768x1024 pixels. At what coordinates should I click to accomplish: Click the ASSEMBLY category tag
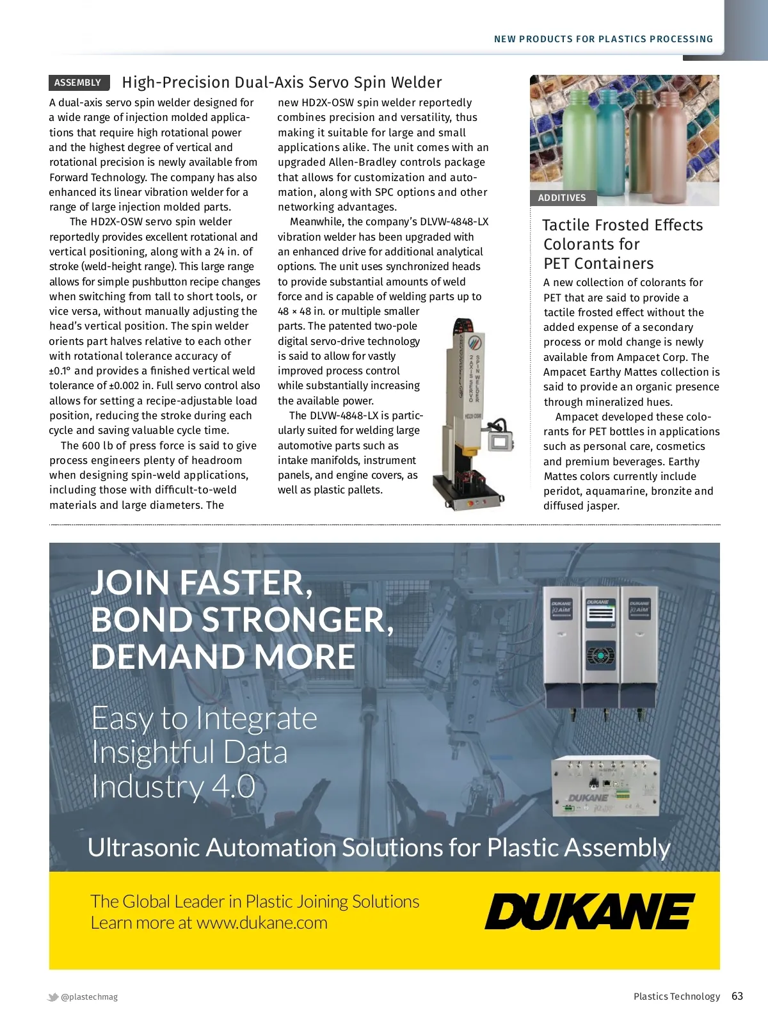[x=78, y=83]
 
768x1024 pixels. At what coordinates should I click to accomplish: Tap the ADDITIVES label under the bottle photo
[x=562, y=198]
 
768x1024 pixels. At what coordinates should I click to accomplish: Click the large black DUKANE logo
[x=589, y=911]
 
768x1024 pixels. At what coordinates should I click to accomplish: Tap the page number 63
[x=737, y=996]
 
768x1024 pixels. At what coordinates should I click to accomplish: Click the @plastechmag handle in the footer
[x=90, y=996]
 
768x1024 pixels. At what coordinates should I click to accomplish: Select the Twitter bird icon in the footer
[x=53, y=996]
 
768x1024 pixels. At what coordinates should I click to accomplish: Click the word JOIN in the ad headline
[x=131, y=582]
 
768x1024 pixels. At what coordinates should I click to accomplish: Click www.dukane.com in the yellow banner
[x=262, y=923]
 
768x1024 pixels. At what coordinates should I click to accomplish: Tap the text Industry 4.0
[x=173, y=786]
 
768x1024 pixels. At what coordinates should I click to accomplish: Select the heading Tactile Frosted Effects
[x=622, y=225]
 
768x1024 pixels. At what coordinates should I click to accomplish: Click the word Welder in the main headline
[x=416, y=83]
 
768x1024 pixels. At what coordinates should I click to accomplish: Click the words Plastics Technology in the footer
[x=676, y=996]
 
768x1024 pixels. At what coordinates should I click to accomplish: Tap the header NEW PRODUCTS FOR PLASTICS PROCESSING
[x=603, y=39]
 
